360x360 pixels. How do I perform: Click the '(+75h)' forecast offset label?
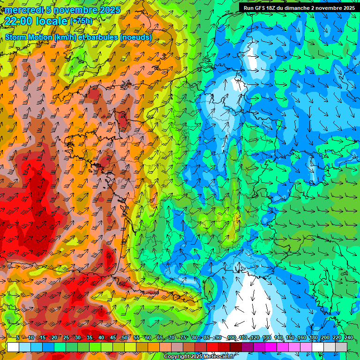pos(81,21)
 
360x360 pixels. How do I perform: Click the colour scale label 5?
pos(18,338)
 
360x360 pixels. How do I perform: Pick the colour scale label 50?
pos(124,338)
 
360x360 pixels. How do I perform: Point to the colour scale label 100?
pos(231,338)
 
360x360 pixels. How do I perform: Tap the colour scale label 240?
pos(349,338)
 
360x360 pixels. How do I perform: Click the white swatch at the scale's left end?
pos(13,346)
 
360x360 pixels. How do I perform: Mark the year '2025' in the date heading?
pos(110,10)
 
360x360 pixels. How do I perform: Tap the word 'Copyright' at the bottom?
pos(176,357)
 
